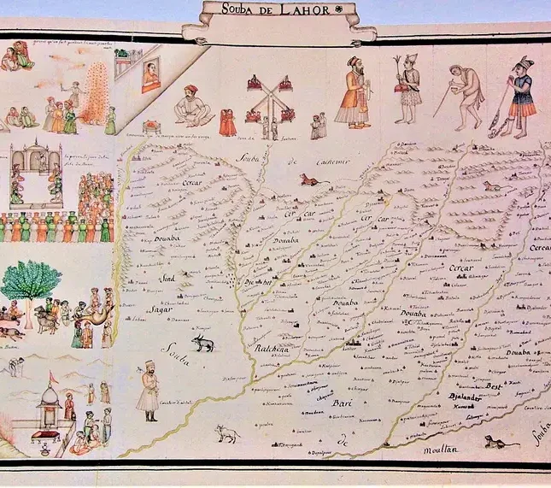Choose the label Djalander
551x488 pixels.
coord(466,397)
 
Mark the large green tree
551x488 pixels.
coord(31,282)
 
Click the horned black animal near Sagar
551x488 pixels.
coord(202,343)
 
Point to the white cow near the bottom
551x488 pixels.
coord(226,432)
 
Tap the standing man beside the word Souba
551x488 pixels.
coord(149,391)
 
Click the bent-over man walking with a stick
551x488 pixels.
coord(466,95)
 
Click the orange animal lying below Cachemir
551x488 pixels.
coord(308,179)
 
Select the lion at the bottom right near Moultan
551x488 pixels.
coord(493,441)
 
